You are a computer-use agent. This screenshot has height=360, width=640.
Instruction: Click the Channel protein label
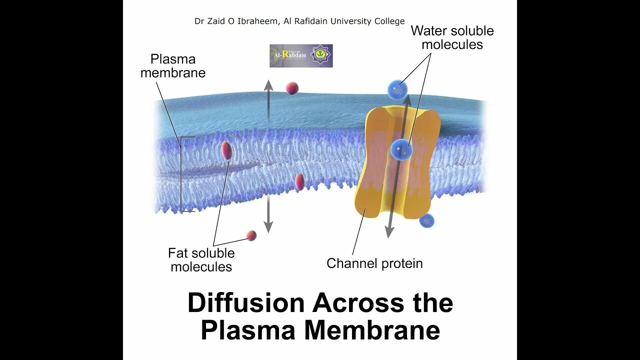[x=374, y=263]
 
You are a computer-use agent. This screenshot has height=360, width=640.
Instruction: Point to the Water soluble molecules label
[x=452, y=37]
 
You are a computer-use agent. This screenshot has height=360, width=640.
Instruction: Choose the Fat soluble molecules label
[x=201, y=260]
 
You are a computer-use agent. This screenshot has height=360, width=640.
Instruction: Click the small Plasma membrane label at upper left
[x=172, y=66]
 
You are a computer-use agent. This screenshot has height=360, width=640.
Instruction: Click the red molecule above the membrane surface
[x=292, y=88]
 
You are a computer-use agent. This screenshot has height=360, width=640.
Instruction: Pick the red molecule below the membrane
[x=251, y=235]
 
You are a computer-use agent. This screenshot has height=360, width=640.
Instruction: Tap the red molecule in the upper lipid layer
[x=226, y=150]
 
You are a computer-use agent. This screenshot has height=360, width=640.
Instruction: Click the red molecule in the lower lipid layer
[x=299, y=182]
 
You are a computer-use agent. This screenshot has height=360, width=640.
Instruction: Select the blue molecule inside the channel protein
[x=401, y=149]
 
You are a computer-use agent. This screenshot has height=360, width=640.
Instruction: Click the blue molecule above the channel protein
[x=397, y=90]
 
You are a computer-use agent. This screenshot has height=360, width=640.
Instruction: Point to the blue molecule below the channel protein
[x=426, y=220]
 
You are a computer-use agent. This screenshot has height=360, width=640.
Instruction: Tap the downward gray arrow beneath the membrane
[x=268, y=215]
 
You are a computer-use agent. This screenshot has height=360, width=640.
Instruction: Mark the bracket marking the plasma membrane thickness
[x=182, y=174]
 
